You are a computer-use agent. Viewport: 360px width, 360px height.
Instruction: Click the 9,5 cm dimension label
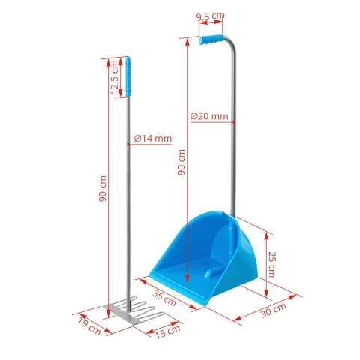pyautogui.click(x=210, y=15)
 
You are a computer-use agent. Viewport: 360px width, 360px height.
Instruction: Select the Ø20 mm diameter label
pyautogui.click(x=209, y=116)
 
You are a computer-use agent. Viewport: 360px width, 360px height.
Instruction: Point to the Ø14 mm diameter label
pyautogui.click(x=153, y=139)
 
